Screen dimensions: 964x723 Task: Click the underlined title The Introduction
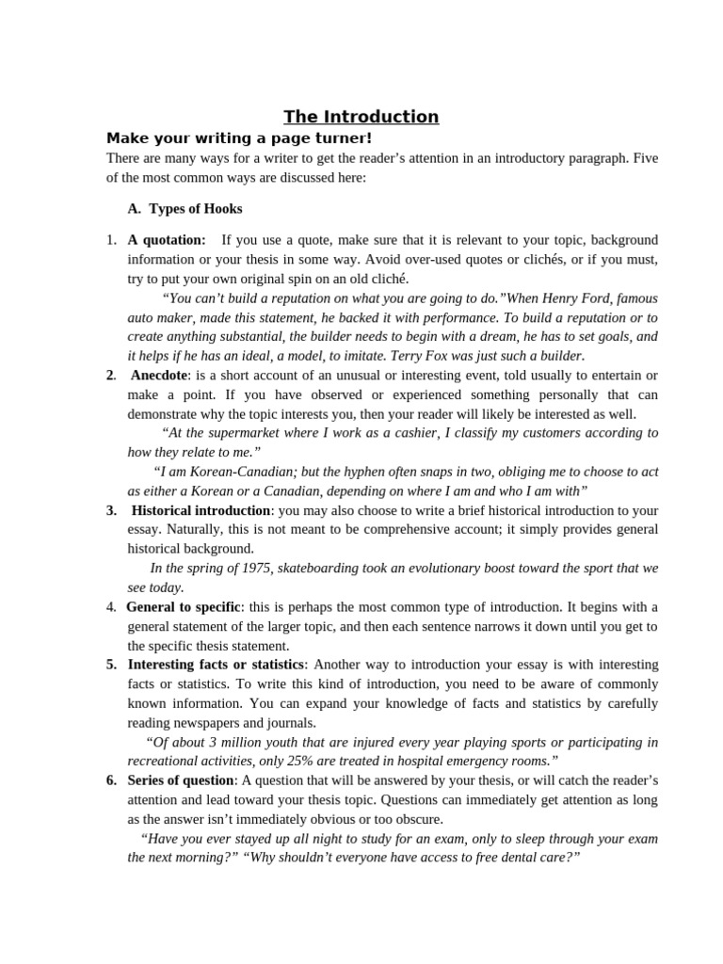[361, 117]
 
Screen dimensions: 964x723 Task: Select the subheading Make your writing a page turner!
[239, 138]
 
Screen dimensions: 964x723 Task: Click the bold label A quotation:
[167, 240]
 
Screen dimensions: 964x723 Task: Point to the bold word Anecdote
[160, 375]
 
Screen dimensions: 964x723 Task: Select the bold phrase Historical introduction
[201, 510]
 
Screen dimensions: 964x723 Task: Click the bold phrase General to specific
[184, 606]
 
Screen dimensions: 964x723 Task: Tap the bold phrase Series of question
[182, 780]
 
